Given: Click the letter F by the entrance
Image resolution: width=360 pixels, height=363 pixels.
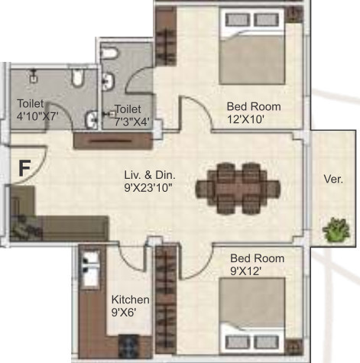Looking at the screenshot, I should (24, 169).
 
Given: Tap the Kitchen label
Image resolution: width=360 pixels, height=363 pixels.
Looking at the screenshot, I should (131, 299).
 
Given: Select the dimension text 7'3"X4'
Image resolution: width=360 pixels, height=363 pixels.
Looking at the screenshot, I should (131, 121).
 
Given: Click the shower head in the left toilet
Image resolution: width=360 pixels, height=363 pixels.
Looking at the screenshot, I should (34, 76).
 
